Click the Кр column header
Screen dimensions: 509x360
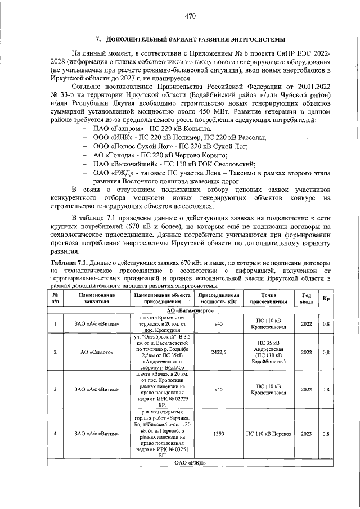pos(326,298)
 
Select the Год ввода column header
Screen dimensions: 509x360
pos(307,298)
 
